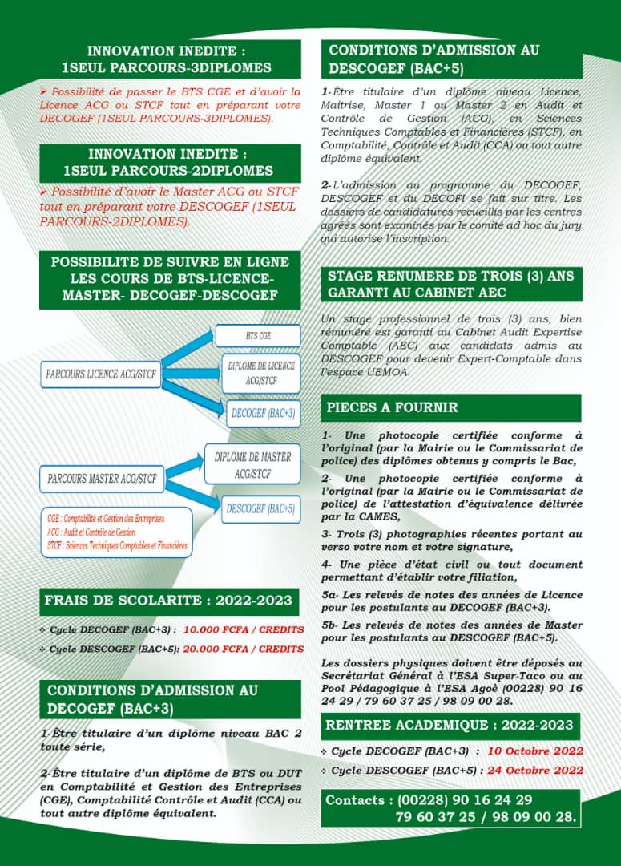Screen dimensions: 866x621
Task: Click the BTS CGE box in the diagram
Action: (x=257, y=335)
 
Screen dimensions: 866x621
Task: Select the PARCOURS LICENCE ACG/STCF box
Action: (x=101, y=374)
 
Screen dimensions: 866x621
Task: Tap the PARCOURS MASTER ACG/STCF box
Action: (x=102, y=479)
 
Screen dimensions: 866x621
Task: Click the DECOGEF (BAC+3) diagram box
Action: (x=263, y=414)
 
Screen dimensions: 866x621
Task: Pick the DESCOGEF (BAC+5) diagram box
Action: (x=260, y=508)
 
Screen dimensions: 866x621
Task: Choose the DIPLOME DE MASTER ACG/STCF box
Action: (x=252, y=465)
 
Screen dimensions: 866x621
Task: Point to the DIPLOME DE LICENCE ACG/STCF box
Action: (x=260, y=373)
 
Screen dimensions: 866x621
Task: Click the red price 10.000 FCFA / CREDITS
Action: (x=244, y=629)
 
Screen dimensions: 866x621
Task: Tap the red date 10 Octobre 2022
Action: (x=535, y=751)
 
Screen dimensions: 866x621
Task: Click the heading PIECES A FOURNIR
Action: (x=392, y=407)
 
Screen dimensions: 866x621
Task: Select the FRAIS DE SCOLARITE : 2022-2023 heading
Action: (x=168, y=601)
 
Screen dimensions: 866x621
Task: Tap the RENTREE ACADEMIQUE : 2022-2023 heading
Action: (x=450, y=726)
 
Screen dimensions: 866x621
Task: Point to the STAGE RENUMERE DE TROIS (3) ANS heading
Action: (x=451, y=284)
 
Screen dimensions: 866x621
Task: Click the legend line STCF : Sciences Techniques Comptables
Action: (x=117, y=546)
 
